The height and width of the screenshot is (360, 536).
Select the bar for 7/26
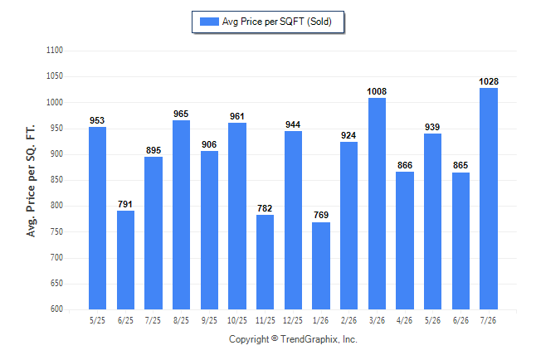pyautogui.click(x=489, y=198)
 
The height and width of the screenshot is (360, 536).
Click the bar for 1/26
pyautogui.click(x=321, y=266)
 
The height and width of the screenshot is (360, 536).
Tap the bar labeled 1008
pyautogui.click(x=377, y=204)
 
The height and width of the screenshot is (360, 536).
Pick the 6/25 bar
pyautogui.click(x=125, y=260)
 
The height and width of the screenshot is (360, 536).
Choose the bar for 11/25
pyautogui.click(x=265, y=262)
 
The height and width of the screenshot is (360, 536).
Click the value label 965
pyautogui.click(x=181, y=114)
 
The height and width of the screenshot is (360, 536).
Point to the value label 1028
pyautogui.click(x=489, y=82)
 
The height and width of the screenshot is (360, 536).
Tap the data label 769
pyautogui.click(x=321, y=215)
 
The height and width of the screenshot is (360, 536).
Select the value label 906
pyautogui.click(x=209, y=144)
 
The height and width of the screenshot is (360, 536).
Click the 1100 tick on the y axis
pyautogui.click(x=55, y=51)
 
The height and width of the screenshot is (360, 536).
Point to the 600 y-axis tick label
pyautogui.click(x=56, y=309)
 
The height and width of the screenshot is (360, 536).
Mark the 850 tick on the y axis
pyautogui.click(x=56, y=179)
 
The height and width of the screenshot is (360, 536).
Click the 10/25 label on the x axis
pyautogui.click(x=237, y=320)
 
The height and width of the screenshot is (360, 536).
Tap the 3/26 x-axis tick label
pyautogui.click(x=377, y=320)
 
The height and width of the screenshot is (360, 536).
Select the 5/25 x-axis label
pyautogui.click(x=97, y=320)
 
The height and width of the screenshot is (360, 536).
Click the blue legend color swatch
pyautogui.click(x=209, y=22)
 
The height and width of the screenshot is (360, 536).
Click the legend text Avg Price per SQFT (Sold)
pyautogui.click(x=277, y=22)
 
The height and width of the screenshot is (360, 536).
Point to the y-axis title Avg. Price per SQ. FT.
pyautogui.click(x=31, y=181)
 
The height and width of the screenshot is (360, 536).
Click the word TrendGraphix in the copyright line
pyautogui.click(x=309, y=339)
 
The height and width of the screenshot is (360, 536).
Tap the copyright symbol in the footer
pyautogui.click(x=275, y=338)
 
